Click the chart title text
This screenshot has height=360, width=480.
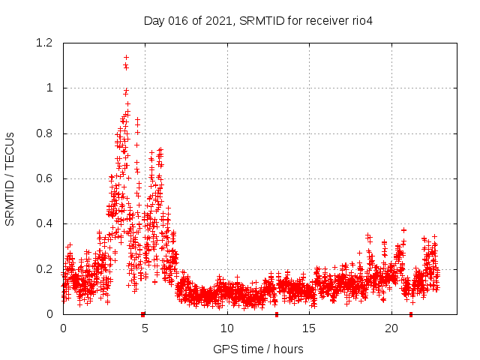tap(258, 20)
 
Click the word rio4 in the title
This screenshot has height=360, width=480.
tap(361, 20)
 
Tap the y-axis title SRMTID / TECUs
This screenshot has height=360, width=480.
tap(10, 178)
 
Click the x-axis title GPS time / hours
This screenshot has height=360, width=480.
tap(258, 349)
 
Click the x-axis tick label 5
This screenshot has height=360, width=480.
tap(145, 328)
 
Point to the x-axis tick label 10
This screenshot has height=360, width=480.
tap(227, 328)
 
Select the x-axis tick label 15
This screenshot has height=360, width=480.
tap(309, 328)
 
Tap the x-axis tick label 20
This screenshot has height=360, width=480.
tap(391, 328)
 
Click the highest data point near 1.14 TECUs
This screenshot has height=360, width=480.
tap(126, 57)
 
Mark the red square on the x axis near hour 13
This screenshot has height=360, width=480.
tap(277, 314)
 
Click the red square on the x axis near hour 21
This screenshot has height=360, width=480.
tap(410, 314)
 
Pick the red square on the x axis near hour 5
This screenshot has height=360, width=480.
tap(142, 314)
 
